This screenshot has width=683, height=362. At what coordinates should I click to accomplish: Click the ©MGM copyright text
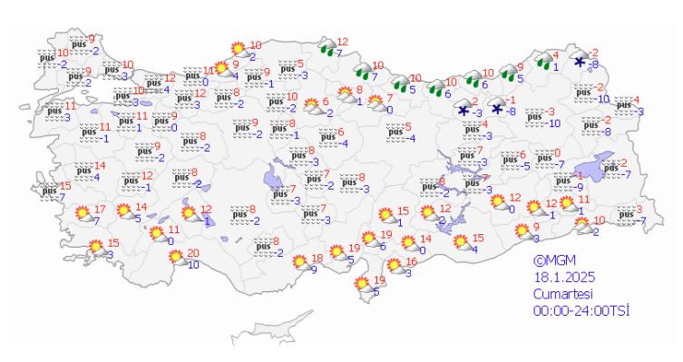point(553,260)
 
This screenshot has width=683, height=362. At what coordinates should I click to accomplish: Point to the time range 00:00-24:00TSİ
point(581,311)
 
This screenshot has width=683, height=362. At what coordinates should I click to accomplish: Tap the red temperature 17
point(100,210)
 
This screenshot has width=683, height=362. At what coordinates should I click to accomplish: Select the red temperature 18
point(317,258)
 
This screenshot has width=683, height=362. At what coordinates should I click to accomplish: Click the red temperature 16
point(410,261)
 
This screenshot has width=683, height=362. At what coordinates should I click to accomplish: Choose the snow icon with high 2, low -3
point(464,110)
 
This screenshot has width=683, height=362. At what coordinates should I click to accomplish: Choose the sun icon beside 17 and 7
point(84,216)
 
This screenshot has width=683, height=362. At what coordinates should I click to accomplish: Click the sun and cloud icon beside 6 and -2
point(313,107)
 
